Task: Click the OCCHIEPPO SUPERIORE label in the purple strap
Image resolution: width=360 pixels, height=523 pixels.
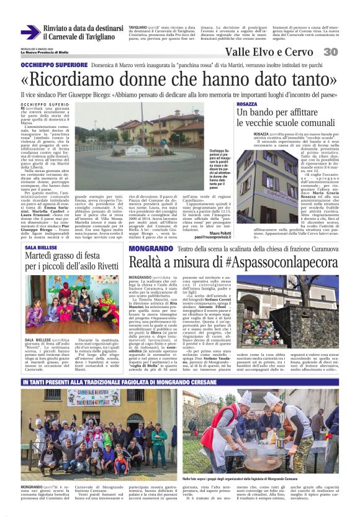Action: pyautogui.click(x=54, y=65)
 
